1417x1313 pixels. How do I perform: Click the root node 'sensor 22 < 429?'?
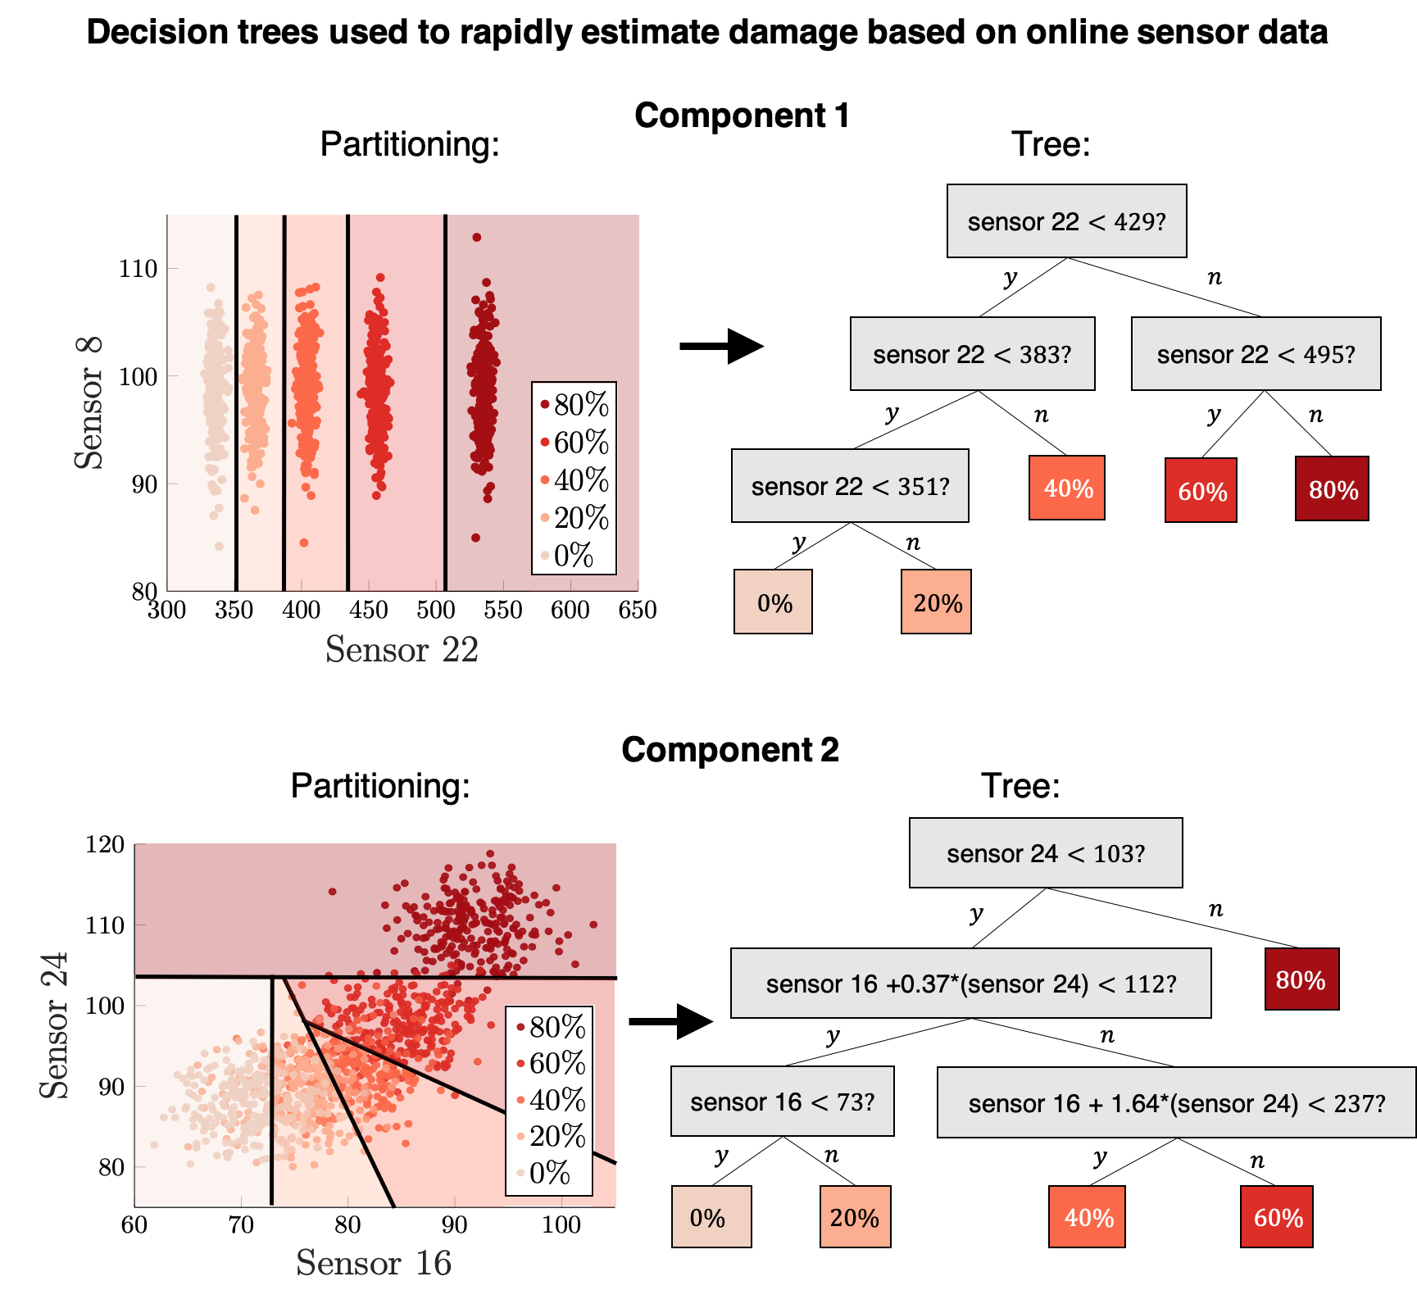tap(1066, 221)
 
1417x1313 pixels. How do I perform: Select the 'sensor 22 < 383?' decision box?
tap(972, 354)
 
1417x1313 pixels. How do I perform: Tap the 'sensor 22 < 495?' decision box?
tap(1256, 354)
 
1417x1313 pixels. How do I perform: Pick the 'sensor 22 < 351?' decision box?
tap(850, 486)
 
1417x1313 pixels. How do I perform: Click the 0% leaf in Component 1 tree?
tap(773, 602)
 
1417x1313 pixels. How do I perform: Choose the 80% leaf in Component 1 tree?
tap(1332, 488)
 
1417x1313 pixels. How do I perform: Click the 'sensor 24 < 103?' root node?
tap(1046, 853)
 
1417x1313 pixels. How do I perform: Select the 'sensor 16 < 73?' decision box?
tap(782, 1101)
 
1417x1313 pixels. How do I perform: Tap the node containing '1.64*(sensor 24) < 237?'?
tap(1176, 1102)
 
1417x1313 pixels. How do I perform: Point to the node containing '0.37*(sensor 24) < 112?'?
tap(970, 983)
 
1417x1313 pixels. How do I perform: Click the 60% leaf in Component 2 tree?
tap(1277, 1216)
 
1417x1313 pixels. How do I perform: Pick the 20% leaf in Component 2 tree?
tap(855, 1216)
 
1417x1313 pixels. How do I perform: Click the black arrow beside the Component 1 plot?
tap(721, 346)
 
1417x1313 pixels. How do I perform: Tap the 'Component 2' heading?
tap(730, 750)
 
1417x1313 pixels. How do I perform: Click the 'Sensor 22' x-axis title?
tap(402, 649)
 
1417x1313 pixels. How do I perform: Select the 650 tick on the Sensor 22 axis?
tap(638, 610)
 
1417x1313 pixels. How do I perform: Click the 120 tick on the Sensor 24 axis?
tap(105, 844)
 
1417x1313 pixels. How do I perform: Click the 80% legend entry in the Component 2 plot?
tap(549, 1026)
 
